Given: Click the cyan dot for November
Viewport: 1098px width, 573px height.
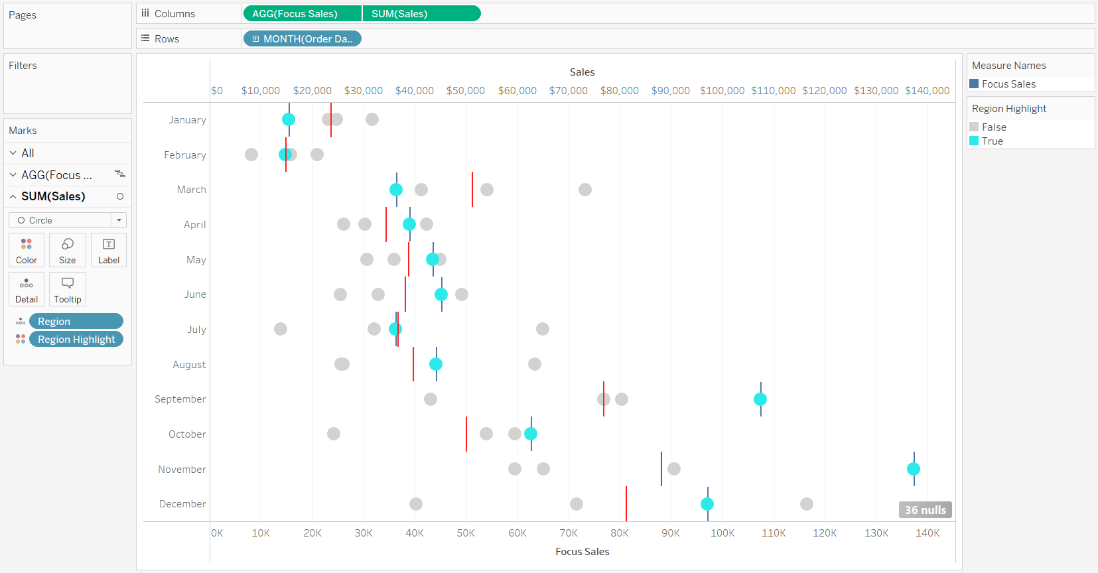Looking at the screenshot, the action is click(x=913, y=469).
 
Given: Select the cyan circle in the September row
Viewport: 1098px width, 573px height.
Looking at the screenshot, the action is click(x=760, y=399).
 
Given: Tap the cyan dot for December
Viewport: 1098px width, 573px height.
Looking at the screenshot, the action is click(x=707, y=504).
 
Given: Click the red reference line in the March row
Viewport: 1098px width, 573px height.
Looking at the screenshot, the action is click(x=472, y=189).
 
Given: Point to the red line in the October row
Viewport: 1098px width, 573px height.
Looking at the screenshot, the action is click(x=466, y=434).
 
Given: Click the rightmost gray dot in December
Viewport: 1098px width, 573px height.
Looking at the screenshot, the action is click(x=806, y=504).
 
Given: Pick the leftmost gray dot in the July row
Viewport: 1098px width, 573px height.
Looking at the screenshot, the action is click(x=281, y=329).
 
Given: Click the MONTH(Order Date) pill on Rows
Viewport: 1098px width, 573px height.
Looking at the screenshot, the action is click(x=303, y=38).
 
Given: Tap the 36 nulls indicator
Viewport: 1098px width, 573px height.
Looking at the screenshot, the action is click(x=926, y=510).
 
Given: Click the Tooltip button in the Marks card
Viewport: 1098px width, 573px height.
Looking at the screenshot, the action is click(x=68, y=289).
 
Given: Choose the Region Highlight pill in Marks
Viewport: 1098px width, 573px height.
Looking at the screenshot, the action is click(x=76, y=339).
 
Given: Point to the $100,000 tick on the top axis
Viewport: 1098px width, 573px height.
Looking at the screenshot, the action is click(x=722, y=91).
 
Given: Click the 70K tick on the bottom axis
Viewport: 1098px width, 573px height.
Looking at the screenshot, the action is click(x=569, y=533).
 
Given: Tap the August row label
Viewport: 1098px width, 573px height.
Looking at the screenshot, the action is click(x=189, y=365).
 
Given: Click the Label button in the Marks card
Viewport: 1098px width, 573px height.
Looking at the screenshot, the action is click(x=108, y=250).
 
